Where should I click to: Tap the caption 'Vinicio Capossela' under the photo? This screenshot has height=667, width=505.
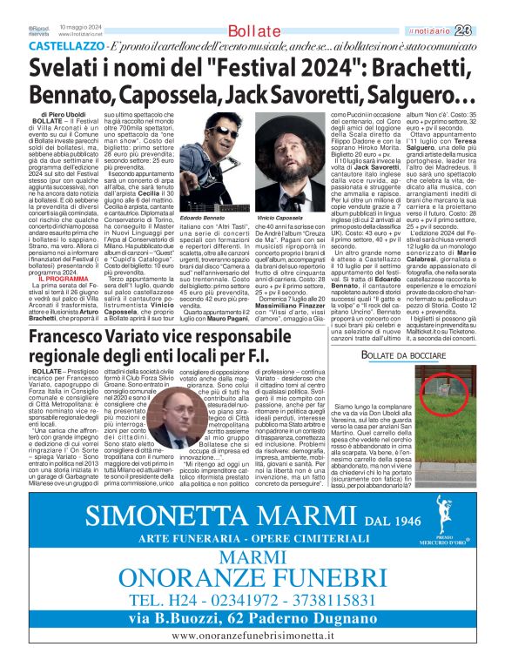click(279, 216)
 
